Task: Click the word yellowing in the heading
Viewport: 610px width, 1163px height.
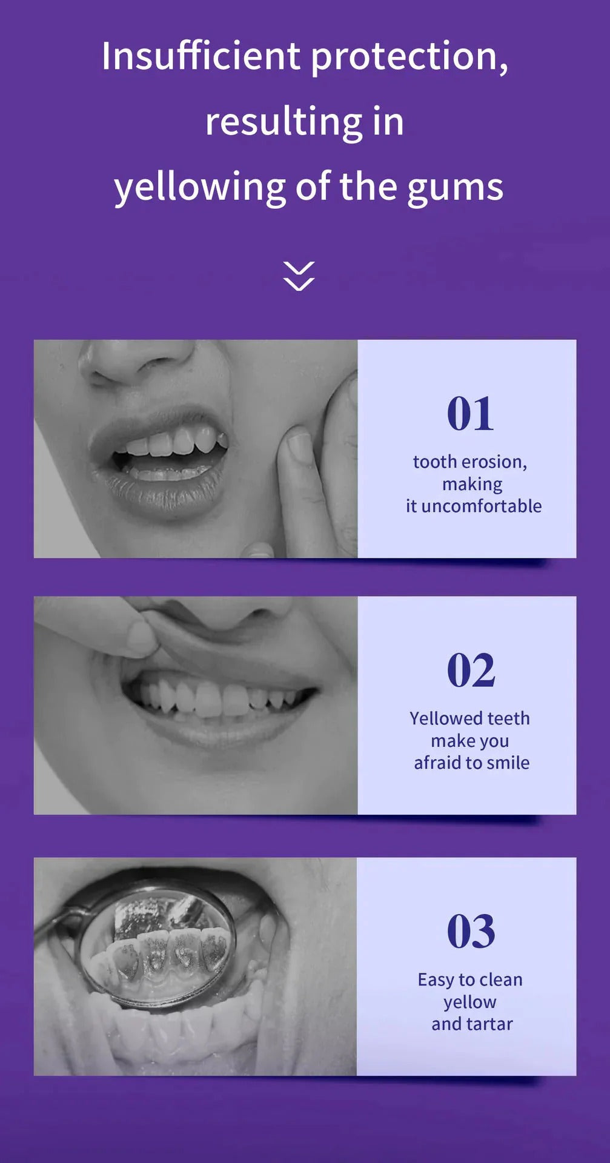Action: pos(200,188)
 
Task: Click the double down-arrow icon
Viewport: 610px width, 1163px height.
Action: pos(299,276)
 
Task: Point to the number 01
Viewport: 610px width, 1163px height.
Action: pos(470,414)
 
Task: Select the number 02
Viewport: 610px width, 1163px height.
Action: pos(471,671)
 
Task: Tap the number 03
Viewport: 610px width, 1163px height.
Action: pos(471,932)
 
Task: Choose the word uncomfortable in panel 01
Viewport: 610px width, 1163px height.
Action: pos(481,506)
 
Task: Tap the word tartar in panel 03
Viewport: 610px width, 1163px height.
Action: pos(489,1024)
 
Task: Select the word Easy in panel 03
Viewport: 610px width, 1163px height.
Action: pos(436,980)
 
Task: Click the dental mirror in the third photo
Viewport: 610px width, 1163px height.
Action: pos(154,945)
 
